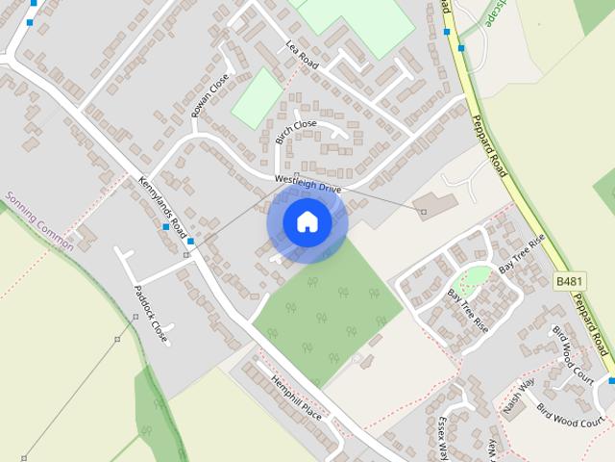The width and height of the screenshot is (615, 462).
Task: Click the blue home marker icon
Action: [x=307, y=222]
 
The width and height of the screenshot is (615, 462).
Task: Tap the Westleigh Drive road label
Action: [x=307, y=183]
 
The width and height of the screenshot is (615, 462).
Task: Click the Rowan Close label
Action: [x=209, y=95]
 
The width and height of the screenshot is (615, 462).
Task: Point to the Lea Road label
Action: [x=301, y=54]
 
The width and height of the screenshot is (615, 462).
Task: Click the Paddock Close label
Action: [x=151, y=316]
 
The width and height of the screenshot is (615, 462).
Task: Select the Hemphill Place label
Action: [x=296, y=396]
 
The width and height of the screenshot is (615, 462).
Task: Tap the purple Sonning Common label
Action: [x=37, y=220]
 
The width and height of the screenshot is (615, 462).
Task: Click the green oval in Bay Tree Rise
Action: [x=473, y=279]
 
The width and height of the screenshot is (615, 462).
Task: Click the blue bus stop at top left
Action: [x=30, y=21]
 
